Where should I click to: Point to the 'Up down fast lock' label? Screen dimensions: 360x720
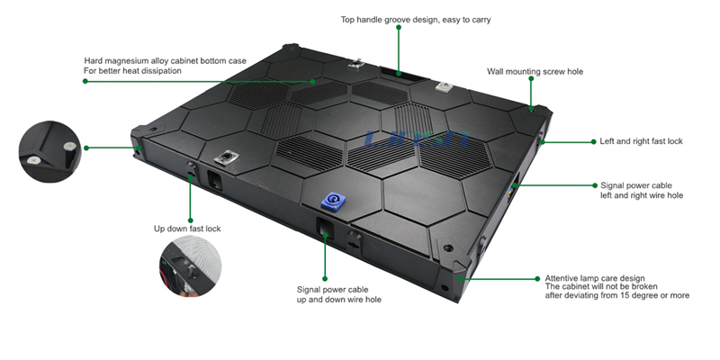point(187,229)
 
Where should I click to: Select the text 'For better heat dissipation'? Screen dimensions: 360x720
point(132,70)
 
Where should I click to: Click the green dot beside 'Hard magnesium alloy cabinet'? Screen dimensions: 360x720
point(85,81)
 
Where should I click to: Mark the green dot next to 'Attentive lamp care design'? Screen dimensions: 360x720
point(537,279)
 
